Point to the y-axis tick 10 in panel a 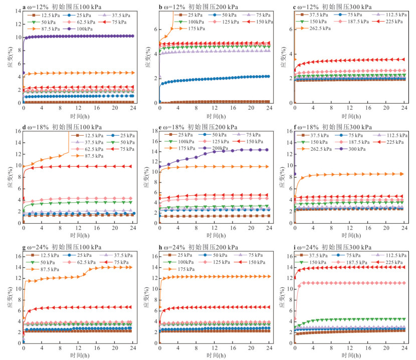point(18,38)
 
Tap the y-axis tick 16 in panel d point(18,131)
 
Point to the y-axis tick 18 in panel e point(153,131)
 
